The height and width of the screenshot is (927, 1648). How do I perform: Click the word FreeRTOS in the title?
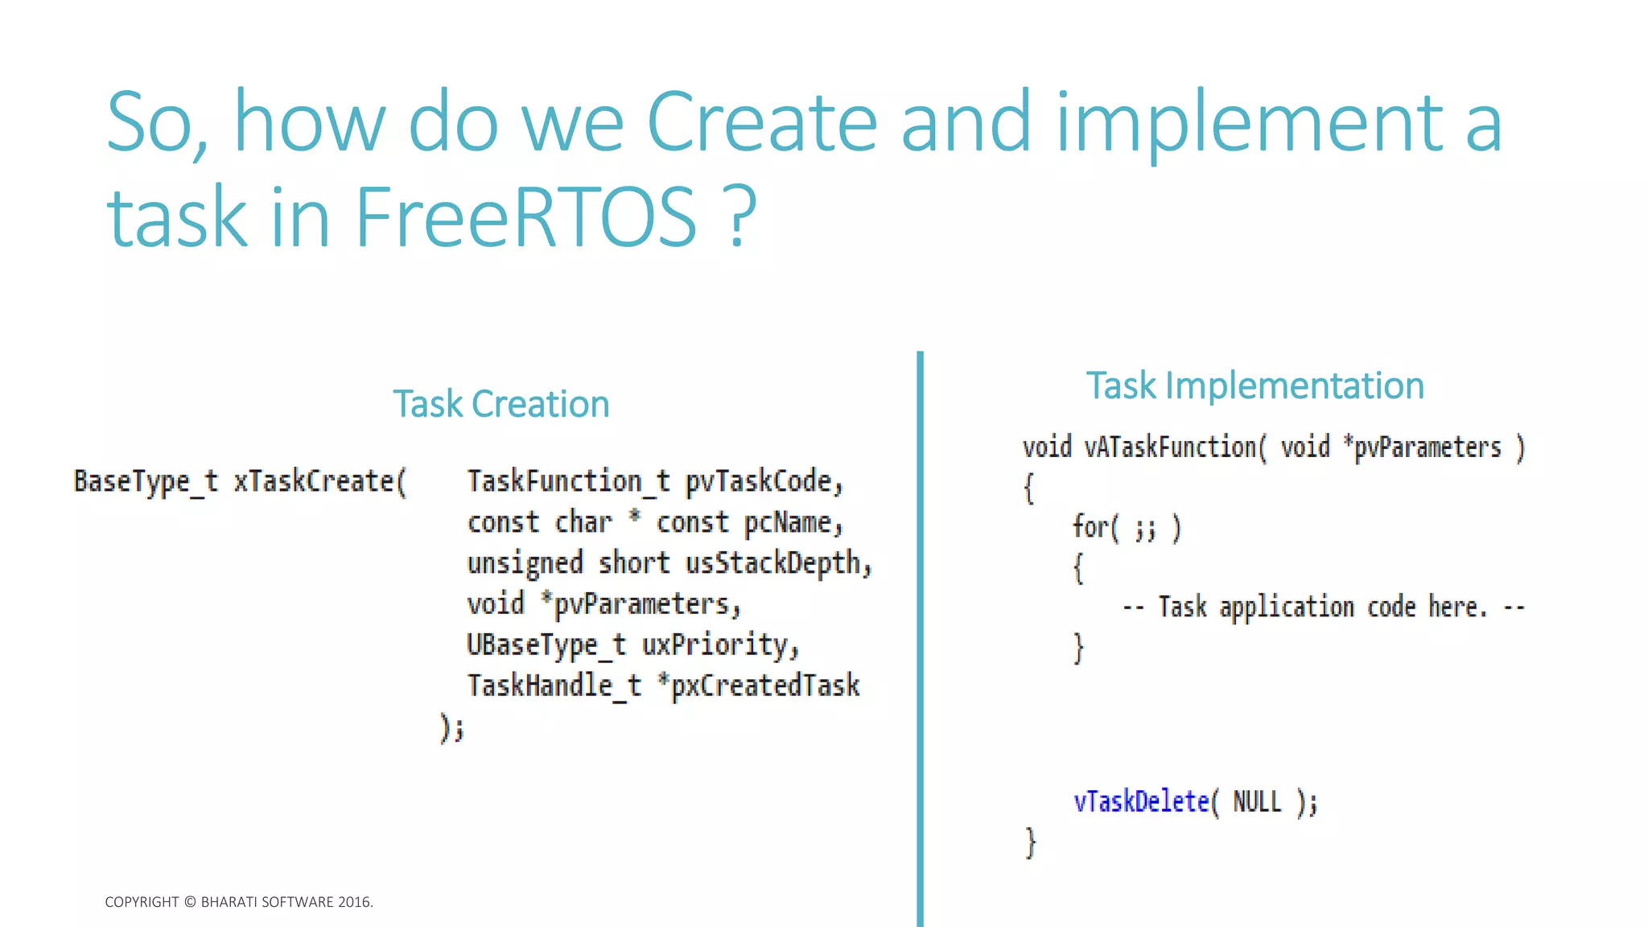525,216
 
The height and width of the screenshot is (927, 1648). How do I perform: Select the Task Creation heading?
501,404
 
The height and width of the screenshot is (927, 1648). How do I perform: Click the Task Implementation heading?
1255,385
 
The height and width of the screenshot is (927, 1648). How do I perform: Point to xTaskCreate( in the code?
320,481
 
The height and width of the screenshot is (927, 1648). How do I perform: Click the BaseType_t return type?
146,481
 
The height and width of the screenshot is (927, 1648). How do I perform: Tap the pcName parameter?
792,523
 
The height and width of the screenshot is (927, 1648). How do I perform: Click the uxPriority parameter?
719,645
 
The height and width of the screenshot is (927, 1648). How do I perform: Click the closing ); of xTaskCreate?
452,728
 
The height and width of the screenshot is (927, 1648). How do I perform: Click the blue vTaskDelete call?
1142,801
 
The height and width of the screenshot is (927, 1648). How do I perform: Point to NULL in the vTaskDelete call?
1257,801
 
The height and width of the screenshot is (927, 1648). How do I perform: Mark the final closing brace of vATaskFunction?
1031,843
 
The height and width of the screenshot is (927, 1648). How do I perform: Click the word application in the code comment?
1287,608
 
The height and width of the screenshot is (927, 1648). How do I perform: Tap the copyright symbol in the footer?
190,902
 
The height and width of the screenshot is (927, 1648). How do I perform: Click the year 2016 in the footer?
354,902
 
